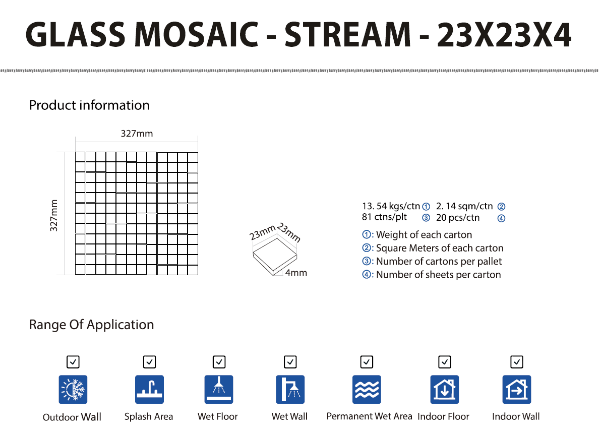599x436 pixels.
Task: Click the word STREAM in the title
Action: (347, 35)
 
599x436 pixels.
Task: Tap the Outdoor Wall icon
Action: (73, 390)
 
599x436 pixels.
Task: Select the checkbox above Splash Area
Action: (149, 361)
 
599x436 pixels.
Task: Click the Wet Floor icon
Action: (219, 390)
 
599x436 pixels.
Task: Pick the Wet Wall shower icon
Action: (290, 390)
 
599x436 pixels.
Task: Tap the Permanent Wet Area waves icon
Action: (367, 390)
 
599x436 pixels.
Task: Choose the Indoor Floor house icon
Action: (445, 390)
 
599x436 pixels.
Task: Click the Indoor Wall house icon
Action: (517, 390)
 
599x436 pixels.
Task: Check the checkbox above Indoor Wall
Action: (517, 361)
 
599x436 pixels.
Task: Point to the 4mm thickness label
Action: (296, 273)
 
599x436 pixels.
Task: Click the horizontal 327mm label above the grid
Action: (137, 133)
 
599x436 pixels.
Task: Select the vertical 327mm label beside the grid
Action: (54, 215)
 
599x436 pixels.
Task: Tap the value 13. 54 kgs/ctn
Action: (391, 206)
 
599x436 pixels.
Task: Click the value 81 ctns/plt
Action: (384, 217)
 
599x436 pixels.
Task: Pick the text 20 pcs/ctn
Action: (458, 218)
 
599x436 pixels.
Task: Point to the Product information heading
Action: (89, 105)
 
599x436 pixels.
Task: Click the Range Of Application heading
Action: (91, 325)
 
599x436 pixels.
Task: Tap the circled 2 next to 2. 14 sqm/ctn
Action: (501, 207)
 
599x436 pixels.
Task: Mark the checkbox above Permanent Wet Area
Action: (367, 361)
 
